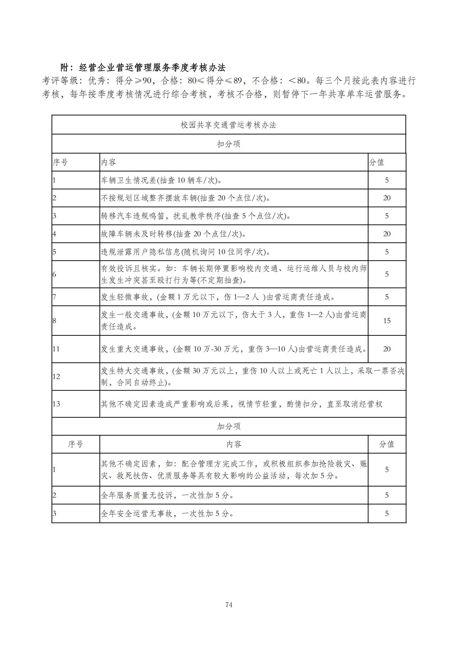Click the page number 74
coord(229,612)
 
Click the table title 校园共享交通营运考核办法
coord(228,125)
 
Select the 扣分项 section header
coord(228,144)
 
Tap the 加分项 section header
coord(228,426)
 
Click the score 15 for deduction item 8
coord(387,321)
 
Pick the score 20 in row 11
coord(387,349)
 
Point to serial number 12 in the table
coord(56,376)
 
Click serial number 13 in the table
coord(56,404)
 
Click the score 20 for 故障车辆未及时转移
coord(387,234)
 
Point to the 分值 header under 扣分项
coord(377,162)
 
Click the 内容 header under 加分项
coord(234,445)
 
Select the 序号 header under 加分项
coord(75,445)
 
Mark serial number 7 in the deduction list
coord(55,297)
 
